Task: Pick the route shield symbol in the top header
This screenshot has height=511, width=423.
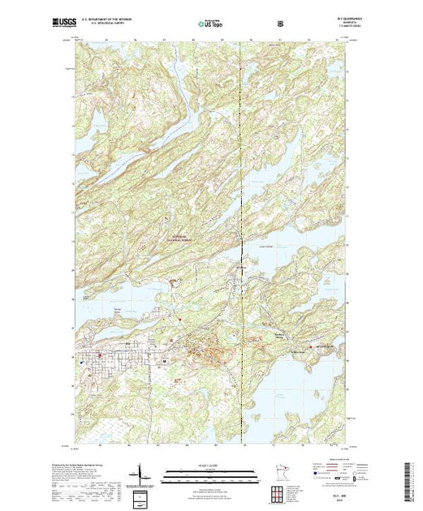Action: pos(280,23)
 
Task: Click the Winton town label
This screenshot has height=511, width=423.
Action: pos(240,268)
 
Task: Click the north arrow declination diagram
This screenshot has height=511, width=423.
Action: pos(141,472)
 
